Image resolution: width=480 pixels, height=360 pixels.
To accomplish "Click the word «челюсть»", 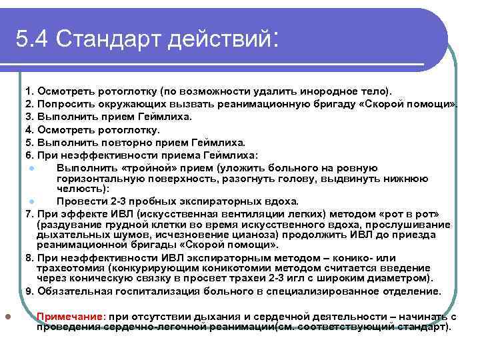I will click(82, 189).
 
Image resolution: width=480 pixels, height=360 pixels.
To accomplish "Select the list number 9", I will click(29, 291).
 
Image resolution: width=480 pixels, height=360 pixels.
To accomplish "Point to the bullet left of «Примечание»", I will click(7, 317).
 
